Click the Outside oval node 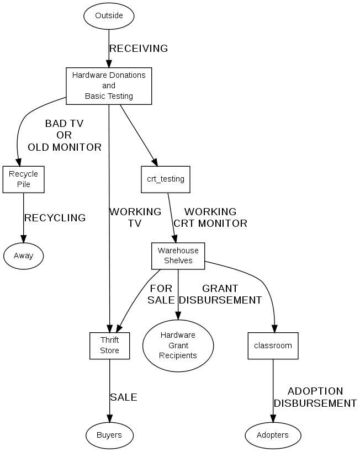click(x=109, y=15)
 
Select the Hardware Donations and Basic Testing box click(x=109, y=86)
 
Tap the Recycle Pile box click(x=23, y=179)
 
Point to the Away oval click(x=23, y=256)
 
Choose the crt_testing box click(x=165, y=179)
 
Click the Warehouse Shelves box click(x=178, y=256)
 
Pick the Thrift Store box click(x=109, y=345)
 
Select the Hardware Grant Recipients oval click(x=178, y=345)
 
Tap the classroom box click(x=273, y=345)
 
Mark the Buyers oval click(x=109, y=435)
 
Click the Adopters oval click(x=273, y=435)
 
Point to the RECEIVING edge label click(x=139, y=49)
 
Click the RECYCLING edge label click(x=55, y=218)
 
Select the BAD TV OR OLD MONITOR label click(x=65, y=135)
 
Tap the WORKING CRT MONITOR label click(x=210, y=217)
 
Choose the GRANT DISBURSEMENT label click(x=220, y=294)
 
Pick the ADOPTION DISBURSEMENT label click(x=315, y=397)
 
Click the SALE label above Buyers click(x=124, y=397)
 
